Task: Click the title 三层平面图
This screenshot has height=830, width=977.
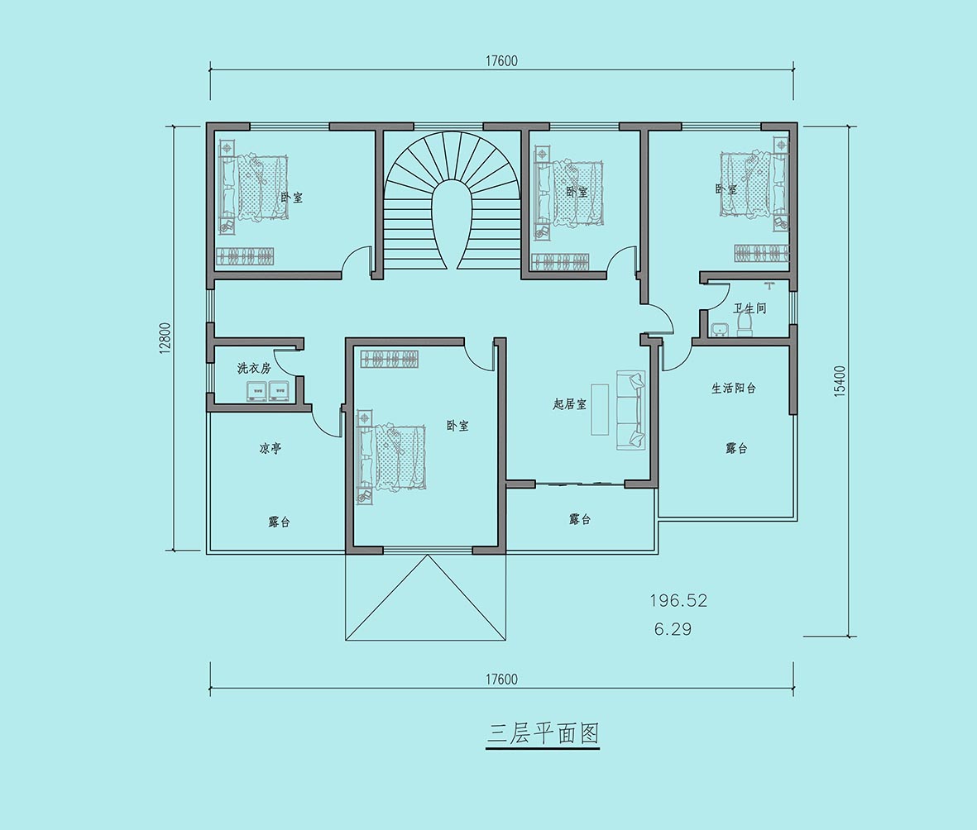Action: pos(542,733)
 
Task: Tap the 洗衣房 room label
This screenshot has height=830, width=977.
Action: pos(254,368)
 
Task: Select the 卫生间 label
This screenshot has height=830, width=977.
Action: pos(750,308)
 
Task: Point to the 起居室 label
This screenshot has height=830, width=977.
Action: pos(569,404)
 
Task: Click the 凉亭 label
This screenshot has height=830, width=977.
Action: pos(271,448)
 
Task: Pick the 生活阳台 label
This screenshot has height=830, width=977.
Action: pos(734,388)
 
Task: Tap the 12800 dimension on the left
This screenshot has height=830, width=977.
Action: pos(164,339)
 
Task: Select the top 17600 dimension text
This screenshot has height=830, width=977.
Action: pos(501,61)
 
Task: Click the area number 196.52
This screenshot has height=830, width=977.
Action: pos(678,600)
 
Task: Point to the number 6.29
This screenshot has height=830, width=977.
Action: pos(673,629)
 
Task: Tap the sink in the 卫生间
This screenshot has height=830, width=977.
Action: pos(719,329)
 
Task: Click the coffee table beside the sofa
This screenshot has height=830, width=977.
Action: pos(600,410)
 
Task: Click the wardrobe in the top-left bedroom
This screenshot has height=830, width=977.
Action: pos(247,256)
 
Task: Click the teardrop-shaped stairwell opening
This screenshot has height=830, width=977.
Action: pos(452,224)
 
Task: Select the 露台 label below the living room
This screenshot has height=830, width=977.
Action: pos(580,519)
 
